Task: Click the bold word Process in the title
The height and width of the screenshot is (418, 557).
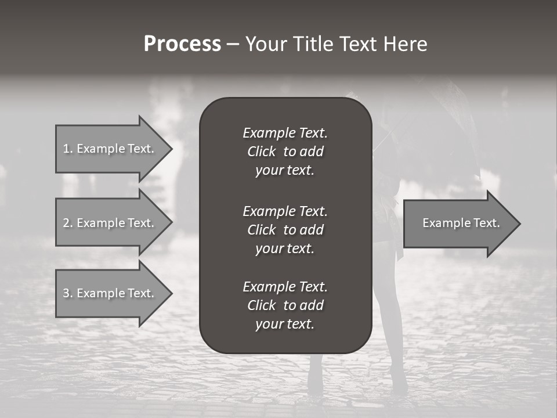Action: point(182,44)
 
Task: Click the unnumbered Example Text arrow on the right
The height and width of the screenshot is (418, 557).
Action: point(461,223)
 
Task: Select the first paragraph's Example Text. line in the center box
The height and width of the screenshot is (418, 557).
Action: point(285,133)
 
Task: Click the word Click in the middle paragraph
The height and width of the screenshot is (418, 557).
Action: point(261,230)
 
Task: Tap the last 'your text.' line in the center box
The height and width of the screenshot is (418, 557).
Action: point(285,325)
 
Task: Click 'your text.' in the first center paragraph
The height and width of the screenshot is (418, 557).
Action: point(285,171)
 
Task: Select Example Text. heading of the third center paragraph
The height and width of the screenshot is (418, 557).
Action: point(285,287)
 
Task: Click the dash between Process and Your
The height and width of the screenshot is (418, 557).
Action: point(233,44)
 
